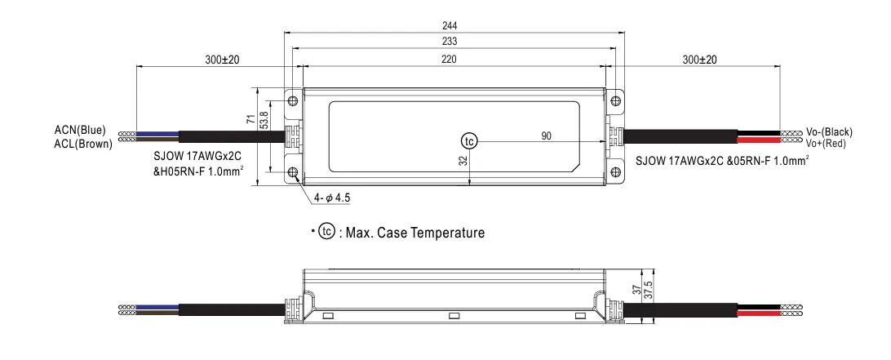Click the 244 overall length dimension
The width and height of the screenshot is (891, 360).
tap(449, 24)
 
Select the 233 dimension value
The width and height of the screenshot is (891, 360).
tap(449, 42)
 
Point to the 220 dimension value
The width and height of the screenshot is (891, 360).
tap(449, 59)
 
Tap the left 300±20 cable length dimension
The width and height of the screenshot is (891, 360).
tap(211, 60)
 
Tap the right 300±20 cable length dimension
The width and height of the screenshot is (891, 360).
tap(698, 60)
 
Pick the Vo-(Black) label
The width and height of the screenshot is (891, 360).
tap(828, 131)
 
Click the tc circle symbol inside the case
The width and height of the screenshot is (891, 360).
tap(468, 140)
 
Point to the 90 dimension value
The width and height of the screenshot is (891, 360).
tap(546, 135)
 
